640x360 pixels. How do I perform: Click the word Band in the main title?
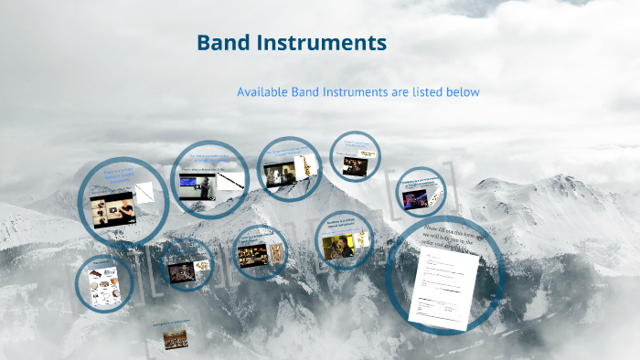225,43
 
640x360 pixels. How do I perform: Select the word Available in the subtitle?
263,92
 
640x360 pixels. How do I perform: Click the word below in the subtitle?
463,92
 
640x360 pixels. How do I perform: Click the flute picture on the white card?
144,193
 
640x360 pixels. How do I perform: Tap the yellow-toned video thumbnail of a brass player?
337,246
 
